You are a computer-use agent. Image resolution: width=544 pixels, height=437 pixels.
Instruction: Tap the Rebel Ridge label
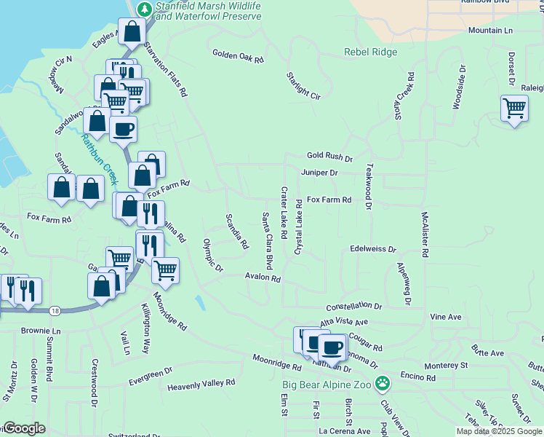(x=371, y=52)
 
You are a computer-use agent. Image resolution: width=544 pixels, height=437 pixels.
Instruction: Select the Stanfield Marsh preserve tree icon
(x=145, y=9)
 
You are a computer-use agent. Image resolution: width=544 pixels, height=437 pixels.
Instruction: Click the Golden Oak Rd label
(x=238, y=55)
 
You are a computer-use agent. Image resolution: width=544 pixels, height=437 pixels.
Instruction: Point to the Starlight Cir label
(x=303, y=86)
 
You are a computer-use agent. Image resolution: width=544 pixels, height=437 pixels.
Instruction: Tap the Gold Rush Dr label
(x=329, y=157)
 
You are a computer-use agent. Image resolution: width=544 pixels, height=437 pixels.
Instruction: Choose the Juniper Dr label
(x=319, y=173)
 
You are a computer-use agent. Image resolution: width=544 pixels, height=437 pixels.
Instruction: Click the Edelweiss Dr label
(x=372, y=249)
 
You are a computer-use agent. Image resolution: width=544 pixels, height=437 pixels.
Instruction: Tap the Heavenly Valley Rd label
(x=201, y=383)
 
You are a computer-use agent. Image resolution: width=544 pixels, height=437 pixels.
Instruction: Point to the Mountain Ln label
(x=490, y=31)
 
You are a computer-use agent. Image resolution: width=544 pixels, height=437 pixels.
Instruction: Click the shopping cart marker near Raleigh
(x=514, y=109)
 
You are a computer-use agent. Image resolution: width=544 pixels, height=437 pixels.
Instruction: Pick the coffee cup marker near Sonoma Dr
(x=332, y=347)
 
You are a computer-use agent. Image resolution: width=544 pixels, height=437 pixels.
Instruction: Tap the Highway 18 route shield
(x=55, y=311)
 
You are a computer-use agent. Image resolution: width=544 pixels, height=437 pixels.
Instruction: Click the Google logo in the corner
(x=24, y=428)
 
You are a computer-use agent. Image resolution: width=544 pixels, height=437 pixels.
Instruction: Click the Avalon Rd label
(x=263, y=277)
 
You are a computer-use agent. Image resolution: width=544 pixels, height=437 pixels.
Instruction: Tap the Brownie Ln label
(x=41, y=331)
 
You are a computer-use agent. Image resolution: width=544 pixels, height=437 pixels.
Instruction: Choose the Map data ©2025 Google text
(x=498, y=431)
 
